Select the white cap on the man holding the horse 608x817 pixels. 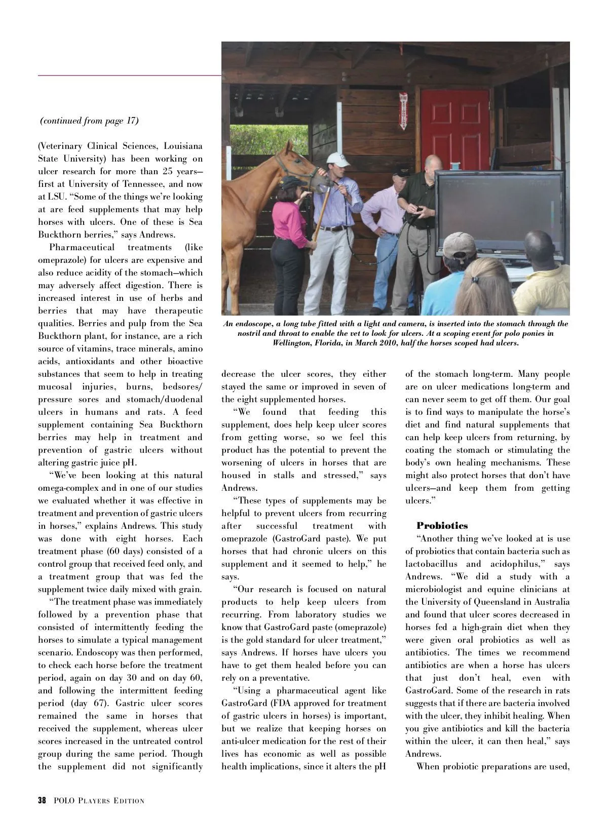pos(338,159)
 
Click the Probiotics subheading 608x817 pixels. pos(442,526)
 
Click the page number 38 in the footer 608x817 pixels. pos(42,800)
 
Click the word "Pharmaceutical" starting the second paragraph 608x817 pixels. pos(81,248)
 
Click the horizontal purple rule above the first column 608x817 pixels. pos(129,75)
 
